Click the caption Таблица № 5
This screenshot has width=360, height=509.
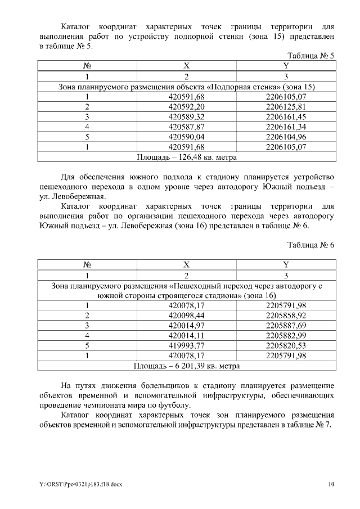tap(311, 56)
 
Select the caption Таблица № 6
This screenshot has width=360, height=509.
tap(311, 245)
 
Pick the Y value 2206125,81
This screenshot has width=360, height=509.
tap(286, 107)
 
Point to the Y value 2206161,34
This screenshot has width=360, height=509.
tap(286, 127)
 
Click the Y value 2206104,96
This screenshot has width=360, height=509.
tap(286, 137)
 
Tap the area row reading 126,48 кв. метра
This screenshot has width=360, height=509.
tap(187, 157)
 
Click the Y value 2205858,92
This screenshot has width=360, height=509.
tap(286, 316)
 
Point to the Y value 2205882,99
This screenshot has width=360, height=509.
tap(286, 336)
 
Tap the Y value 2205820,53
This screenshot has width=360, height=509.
tap(286, 346)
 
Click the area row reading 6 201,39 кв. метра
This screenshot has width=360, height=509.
tap(187, 366)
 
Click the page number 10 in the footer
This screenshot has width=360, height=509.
tap(332, 484)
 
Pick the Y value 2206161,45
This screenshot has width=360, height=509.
tap(286, 116)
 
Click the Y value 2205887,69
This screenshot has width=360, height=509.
tap(286, 326)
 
